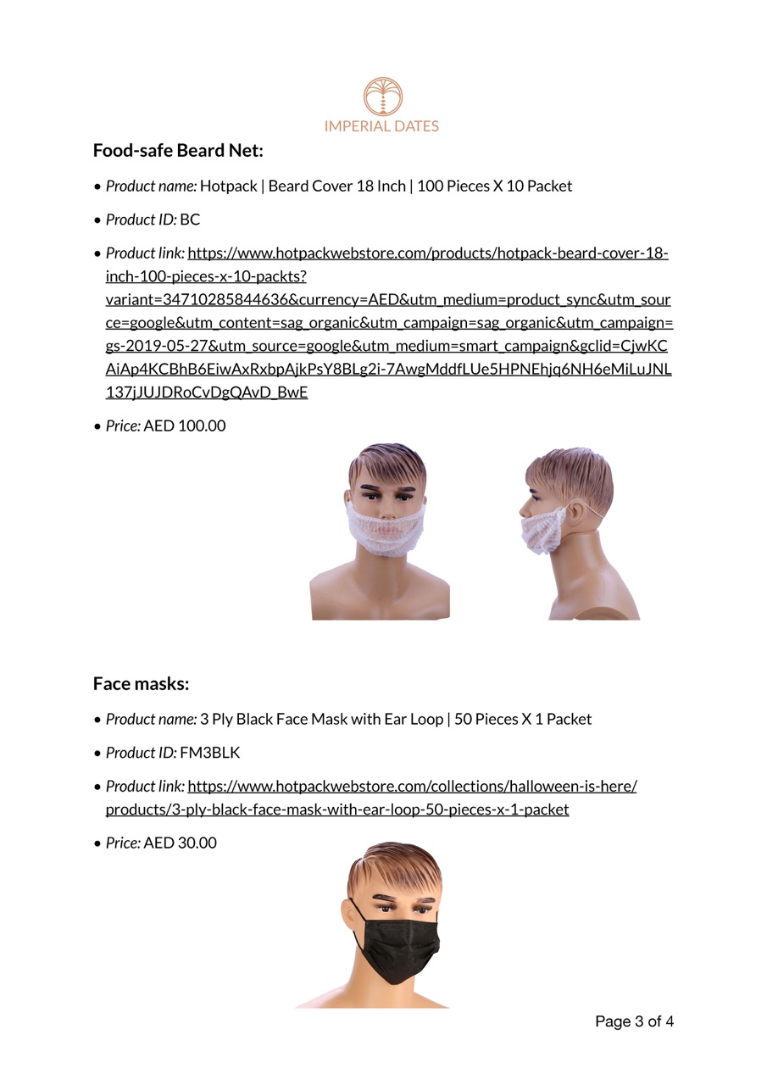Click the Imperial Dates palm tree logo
point(383,97)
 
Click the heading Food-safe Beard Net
point(178,151)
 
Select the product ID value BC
point(190,220)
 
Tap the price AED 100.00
point(185,426)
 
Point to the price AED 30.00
point(180,843)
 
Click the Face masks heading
point(141,683)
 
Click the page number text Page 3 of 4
point(634,1021)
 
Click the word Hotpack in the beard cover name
point(228,186)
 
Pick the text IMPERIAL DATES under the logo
point(381,126)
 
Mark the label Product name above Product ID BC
point(151,186)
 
